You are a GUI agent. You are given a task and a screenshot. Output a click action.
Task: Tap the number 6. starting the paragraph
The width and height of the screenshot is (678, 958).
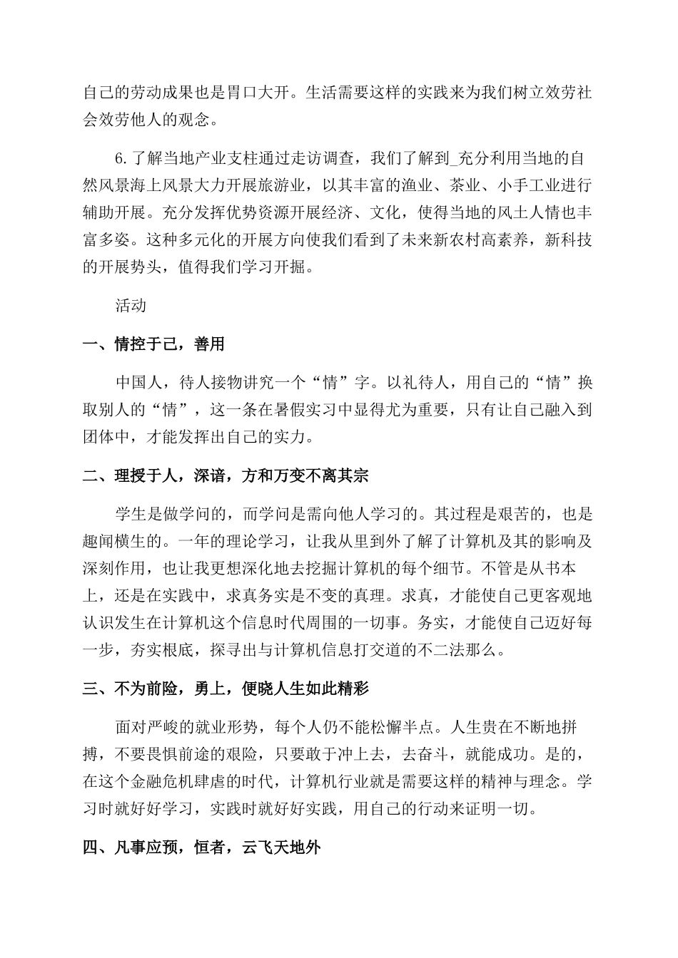coord(121,158)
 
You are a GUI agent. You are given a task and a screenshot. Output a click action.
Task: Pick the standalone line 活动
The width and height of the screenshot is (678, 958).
coord(131,305)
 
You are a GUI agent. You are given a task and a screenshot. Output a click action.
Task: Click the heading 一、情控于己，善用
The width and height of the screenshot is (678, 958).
coord(153,345)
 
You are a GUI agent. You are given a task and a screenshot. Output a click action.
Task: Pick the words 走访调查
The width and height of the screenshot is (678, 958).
coord(330,158)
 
